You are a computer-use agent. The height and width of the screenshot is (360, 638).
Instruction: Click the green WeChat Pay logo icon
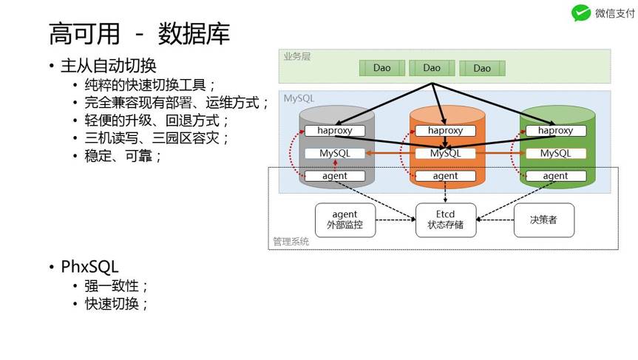point(581,13)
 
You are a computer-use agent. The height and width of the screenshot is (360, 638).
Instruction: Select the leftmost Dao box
point(381,68)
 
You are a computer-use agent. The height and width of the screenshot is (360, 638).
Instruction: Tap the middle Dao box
point(432,68)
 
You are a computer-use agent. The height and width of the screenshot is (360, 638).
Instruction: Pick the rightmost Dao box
point(482,68)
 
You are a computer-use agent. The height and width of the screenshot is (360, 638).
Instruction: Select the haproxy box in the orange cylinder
point(445,131)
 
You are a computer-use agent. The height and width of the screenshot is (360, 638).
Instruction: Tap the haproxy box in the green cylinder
point(555,131)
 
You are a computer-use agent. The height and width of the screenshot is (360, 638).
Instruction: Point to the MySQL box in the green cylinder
point(555,153)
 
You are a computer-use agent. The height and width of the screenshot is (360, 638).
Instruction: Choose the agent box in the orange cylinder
point(445,176)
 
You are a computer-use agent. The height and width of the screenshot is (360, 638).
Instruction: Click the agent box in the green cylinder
point(555,176)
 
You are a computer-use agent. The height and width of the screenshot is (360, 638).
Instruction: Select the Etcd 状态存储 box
point(445,220)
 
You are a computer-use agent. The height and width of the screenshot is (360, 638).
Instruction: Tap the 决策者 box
point(543,220)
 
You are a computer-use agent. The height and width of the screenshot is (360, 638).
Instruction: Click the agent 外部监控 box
point(345,220)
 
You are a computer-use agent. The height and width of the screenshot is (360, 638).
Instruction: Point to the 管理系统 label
point(291,242)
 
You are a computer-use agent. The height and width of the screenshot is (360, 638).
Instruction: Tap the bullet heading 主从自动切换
point(108,66)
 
